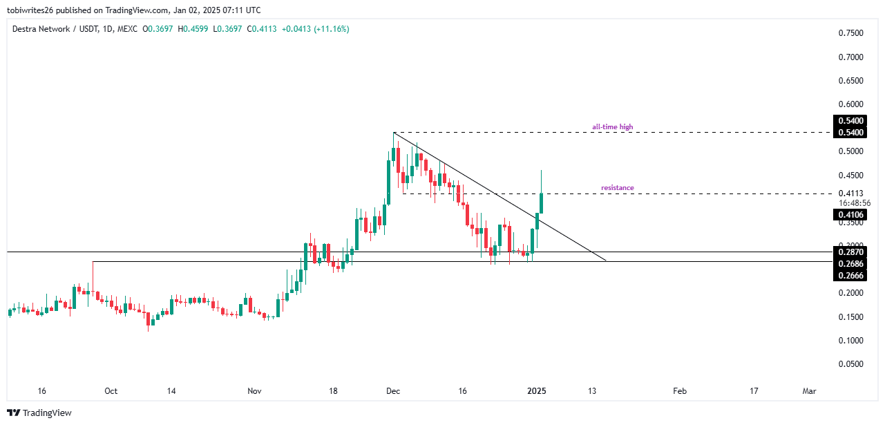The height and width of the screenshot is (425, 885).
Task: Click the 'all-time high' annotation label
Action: point(612,127)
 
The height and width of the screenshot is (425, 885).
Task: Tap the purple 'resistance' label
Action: point(617,188)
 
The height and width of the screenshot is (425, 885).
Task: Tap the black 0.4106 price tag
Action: point(851,215)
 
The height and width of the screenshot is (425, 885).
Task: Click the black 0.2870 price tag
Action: point(851,252)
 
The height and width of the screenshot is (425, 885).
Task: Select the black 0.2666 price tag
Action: point(851,276)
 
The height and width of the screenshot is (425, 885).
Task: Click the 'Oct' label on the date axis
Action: point(111,391)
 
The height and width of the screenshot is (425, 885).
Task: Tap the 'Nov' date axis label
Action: point(254,391)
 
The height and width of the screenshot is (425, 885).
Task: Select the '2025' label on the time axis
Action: point(537,391)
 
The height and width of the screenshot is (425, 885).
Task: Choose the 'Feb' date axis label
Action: point(680,391)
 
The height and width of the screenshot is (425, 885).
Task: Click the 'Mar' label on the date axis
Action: point(809,391)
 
